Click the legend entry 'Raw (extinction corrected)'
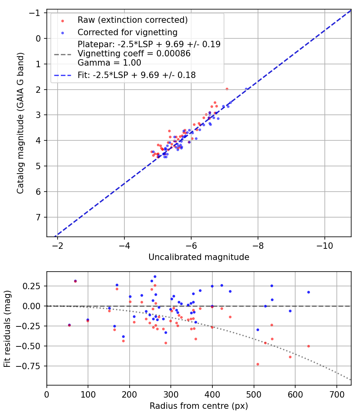click(x=132, y=20)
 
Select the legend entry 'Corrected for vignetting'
click(x=127, y=32)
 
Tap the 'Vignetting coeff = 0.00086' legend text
click(x=134, y=53)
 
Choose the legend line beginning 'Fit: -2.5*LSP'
click(x=136, y=75)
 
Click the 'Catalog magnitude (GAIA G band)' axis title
click(x=20, y=124)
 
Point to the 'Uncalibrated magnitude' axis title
click(x=199, y=257)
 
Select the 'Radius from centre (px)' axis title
click(x=199, y=406)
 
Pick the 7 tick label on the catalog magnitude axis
click(x=39, y=217)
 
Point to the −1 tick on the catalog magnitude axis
click(x=36, y=13)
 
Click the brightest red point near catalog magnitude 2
click(x=227, y=89)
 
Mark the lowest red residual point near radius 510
click(x=258, y=364)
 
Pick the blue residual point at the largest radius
click(x=308, y=292)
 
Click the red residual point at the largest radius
click(x=308, y=346)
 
